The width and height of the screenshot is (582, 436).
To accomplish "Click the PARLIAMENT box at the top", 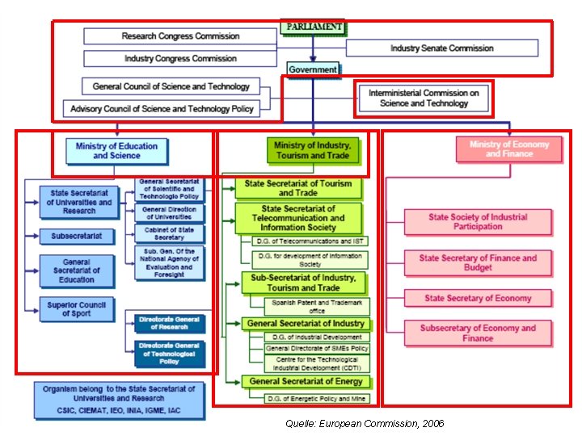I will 313,27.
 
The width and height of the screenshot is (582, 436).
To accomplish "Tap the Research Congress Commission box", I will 180,36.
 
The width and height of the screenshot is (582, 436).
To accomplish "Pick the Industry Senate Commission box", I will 441,48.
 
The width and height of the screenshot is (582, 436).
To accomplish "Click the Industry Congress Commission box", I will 180,59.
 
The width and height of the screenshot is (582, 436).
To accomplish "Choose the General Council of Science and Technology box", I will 171,86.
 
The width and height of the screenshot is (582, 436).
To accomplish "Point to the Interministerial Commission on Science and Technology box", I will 424,99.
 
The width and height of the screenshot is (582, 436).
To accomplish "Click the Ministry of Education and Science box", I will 116,151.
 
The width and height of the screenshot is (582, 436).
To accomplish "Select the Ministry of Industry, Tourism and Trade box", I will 311,150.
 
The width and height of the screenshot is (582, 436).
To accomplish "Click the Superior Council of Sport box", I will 76,309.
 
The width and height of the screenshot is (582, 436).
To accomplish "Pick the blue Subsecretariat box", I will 76,237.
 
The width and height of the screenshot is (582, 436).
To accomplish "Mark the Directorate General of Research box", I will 169,323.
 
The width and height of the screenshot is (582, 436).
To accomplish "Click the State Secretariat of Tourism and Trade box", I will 298,188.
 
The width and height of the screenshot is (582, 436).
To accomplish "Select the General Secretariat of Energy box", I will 306,381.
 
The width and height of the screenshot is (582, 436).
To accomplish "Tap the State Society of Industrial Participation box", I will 477,222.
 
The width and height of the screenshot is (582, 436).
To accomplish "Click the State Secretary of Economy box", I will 478,298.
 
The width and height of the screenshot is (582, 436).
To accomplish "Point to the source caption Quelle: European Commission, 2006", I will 365,423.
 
